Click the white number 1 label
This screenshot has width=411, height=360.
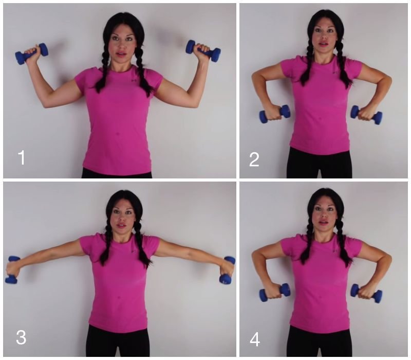click(22, 157)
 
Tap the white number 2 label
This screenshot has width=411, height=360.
click(254, 159)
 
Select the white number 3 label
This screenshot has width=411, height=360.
click(21, 337)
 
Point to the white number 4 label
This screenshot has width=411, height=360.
click(254, 340)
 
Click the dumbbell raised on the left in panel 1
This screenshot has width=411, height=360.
click(32, 53)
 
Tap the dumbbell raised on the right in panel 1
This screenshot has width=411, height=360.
click(203, 51)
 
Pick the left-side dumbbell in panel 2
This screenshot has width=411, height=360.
click(275, 114)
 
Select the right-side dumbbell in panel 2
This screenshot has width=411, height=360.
click(366, 115)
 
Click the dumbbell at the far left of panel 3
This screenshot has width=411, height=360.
click(12, 269)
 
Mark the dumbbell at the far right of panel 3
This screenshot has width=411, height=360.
click(227, 271)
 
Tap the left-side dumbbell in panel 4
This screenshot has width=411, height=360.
click(275, 292)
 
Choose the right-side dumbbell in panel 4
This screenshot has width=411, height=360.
click(366, 293)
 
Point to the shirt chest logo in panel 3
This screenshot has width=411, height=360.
click(134, 251)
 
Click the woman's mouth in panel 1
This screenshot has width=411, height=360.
click(121, 54)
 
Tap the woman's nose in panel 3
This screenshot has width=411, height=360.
click(121, 218)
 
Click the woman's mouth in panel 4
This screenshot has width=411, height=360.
click(324, 223)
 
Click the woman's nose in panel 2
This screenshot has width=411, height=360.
click(324, 36)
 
